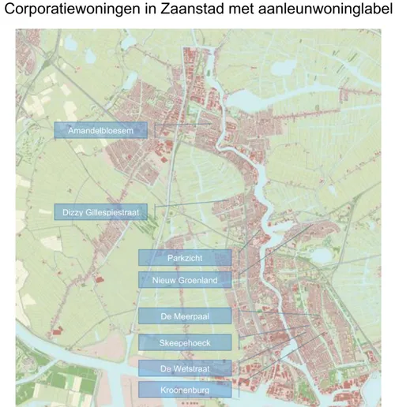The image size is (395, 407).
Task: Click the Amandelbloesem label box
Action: click(x=100, y=130)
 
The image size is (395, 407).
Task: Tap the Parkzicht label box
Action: click(x=185, y=258)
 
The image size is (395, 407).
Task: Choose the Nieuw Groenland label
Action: click(x=185, y=280)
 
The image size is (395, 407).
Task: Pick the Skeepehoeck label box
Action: click(x=185, y=342)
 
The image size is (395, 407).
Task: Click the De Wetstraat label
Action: click(x=185, y=368)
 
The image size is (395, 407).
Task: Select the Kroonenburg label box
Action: click(x=185, y=389)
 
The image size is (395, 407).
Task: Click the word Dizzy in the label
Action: click(x=73, y=211)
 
